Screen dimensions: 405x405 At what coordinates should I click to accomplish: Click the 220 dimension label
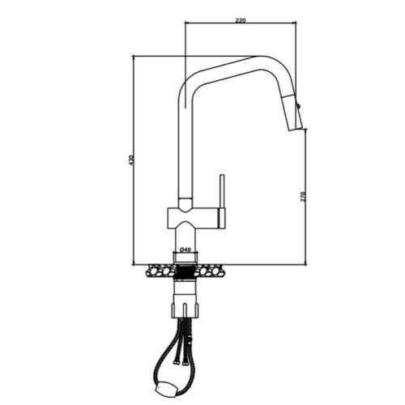(x=241, y=19)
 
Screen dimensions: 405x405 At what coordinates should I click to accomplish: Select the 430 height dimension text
(x=130, y=160)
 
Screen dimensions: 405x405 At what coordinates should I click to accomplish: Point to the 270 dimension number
(x=303, y=196)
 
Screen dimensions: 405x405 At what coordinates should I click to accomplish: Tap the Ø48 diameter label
(x=185, y=249)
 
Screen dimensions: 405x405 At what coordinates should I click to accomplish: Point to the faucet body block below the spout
(x=193, y=216)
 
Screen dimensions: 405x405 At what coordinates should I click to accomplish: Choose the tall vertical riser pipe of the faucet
(x=183, y=146)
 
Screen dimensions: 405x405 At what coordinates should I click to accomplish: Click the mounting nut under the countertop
(x=185, y=305)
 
